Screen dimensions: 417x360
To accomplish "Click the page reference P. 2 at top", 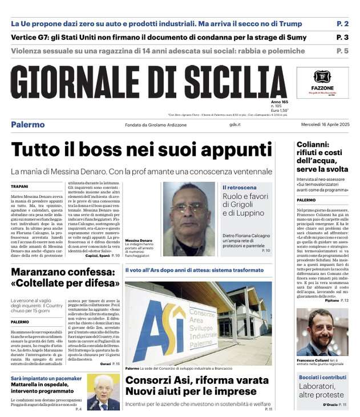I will (342, 24).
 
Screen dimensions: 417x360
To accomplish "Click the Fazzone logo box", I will (322, 82).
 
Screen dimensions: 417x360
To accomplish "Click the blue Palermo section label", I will (28, 125).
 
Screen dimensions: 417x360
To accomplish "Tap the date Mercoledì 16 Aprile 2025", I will (322, 125).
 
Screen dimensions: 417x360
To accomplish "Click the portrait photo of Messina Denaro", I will (189, 210).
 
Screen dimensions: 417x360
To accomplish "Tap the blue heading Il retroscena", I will (239, 187).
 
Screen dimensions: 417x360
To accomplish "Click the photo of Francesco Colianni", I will (322, 332).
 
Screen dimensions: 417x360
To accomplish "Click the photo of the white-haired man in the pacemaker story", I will (103, 392).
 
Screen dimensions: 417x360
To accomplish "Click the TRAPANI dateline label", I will (20, 187).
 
